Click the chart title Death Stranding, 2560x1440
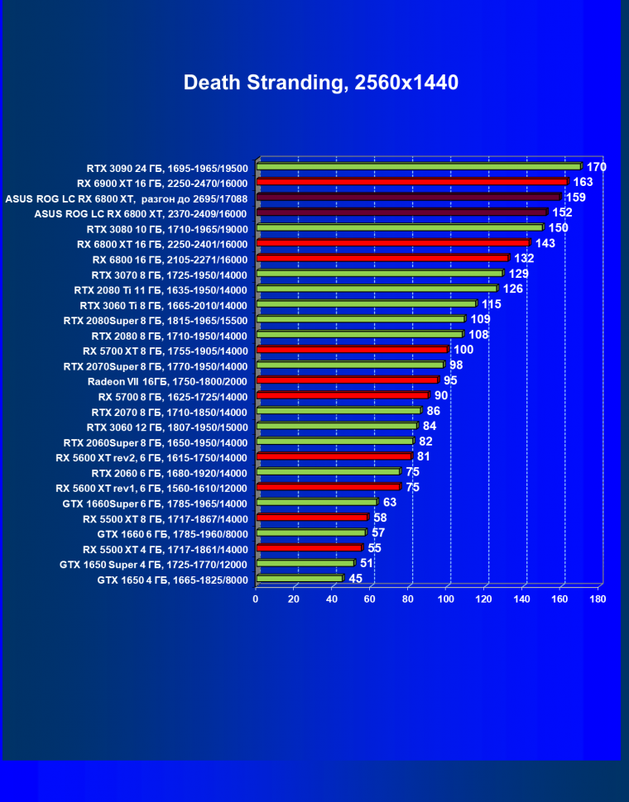tap(320, 83)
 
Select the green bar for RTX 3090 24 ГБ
tap(419, 167)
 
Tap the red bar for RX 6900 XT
tap(412, 182)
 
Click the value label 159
tap(574, 198)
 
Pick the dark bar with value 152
tap(401, 212)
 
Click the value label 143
tap(545, 243)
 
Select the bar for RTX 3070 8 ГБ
tap(380, 274)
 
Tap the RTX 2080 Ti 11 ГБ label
tap(161, 289)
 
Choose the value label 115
tap(492, 304)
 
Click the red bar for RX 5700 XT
tap(352, 350)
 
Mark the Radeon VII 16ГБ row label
tap(167, 381)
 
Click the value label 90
tap(441, 395)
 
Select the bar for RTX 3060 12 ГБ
tap(337, 427)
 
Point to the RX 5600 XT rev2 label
tap(152, 457)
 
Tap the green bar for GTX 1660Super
tap(317, 503)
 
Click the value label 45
tap(356, 579)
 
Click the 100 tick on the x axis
tap(446, 599)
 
